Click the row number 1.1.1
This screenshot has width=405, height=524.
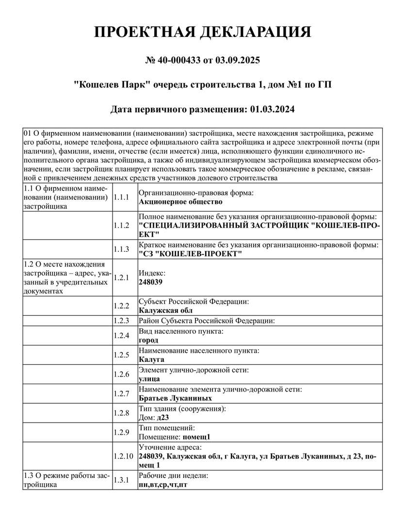click(x=121, y=197)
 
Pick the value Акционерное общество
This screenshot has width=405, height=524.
click(x=180, y=201)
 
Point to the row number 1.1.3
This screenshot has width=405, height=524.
click(x=121, y=249)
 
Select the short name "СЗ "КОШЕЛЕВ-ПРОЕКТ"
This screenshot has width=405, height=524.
click(x=190, y=254)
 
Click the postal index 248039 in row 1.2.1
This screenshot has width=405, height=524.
click(x=150, y=282)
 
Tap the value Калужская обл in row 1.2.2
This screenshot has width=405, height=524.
click(x=165, y=311)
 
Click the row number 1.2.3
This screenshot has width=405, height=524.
click(x=121, y=321)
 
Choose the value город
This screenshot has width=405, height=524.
click(x=148, y=340)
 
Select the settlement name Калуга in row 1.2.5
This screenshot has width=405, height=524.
click(x=151, y=360)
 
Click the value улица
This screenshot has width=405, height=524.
click(x=149, y=379)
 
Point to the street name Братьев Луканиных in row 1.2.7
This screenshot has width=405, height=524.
click(x=175, y=398)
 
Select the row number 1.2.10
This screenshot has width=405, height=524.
click(x=123, y=457)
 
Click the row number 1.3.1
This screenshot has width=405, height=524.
click(x=121, y=480)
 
